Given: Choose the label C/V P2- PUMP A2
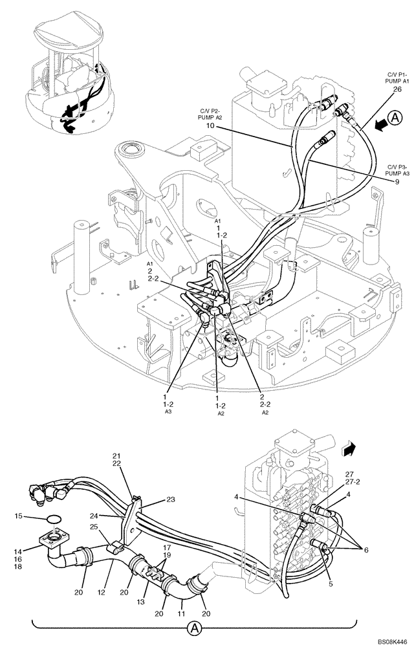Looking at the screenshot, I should [x=210, y=114].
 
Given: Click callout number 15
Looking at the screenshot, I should [x=19, y=516].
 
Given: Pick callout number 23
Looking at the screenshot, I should [x=171, y=499].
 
